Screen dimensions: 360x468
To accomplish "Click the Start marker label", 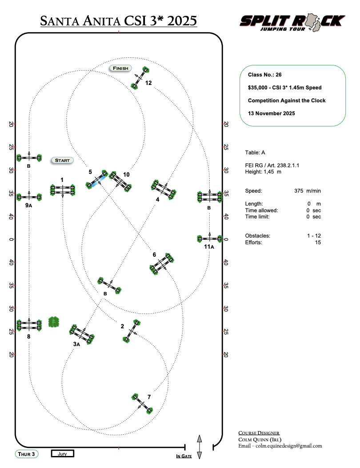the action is click(x=62, y=160).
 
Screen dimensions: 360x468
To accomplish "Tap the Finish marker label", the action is click(x=120, y=68).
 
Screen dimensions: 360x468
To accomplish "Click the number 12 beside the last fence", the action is click(x=148, y=83).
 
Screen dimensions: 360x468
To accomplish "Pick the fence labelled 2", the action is click(x=131, y=331).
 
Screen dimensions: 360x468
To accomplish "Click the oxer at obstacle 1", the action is click(x=63, y=190).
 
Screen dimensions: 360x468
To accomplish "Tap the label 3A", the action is click(x=76, y=344).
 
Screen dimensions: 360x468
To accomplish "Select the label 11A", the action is click(x=209, y=247).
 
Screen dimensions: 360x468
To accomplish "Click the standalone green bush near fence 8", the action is click(x=54, y=322).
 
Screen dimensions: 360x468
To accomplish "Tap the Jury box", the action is click(x=62, y=454).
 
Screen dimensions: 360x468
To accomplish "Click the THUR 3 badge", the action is click(x=27, y=454).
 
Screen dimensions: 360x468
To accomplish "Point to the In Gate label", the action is click(x=184, y=456).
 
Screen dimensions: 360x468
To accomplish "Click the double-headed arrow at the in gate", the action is click(x=200, y=447).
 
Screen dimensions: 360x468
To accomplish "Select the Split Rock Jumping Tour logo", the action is click(x=292, y=22).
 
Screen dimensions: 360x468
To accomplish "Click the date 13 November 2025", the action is click(x=272, y=113).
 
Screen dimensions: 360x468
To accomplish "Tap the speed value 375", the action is click(x=299, y=191).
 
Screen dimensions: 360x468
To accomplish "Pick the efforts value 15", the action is click(x=318, y=242).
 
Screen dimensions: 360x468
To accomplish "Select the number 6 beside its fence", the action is click(x=154, y=254).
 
